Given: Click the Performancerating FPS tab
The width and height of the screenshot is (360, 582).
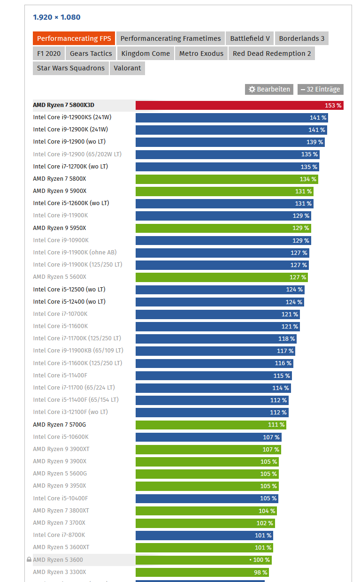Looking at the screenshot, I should pyautogui.click(x=74, y=38).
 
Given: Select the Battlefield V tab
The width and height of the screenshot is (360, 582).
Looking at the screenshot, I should pyautogui.click(x=250, y=38).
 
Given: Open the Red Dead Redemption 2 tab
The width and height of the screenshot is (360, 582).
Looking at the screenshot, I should pyautogui.click(x=272, y=54).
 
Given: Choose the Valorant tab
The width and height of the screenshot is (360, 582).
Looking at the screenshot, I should pyautogui.click(x=127, y=68).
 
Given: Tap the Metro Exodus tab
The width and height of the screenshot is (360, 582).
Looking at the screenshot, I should pyautogui.click(x=201, y=54).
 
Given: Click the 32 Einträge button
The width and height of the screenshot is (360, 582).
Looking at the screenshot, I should pyautogui.click(x=321, y=89).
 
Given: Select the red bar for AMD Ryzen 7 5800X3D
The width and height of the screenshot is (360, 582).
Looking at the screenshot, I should pyautogui.click(x=225, y=105).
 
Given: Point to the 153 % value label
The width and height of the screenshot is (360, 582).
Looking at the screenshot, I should pyautogui.click(x=333, y=106).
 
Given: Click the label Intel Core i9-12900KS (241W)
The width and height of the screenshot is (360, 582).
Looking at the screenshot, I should pyautogui.click(x=72, y=117).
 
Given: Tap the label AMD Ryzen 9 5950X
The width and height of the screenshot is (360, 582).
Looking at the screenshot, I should pyautogui.click(x=60, y=228).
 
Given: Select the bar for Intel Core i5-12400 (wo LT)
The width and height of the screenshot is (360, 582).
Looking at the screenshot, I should pyautogui.click(x=211, y=302).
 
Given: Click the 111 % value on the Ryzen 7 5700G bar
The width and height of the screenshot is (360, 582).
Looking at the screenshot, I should pyautogui.click(x=276, y=425).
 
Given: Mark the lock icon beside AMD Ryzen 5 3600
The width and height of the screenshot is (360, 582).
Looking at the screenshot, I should pyautogui.click(x=29, y=560).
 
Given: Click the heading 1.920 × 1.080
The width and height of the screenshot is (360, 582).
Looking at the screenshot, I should pyautogui.click(x=57, y=17).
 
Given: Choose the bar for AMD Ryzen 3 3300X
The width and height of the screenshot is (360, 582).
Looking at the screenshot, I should pyautogui.click(x=197, y=572).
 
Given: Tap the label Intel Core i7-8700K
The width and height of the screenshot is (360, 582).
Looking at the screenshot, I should pyautogui.click(x=59, y=535).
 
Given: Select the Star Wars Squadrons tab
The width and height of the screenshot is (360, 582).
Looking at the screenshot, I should pyautogui.click(x=71, y=68).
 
